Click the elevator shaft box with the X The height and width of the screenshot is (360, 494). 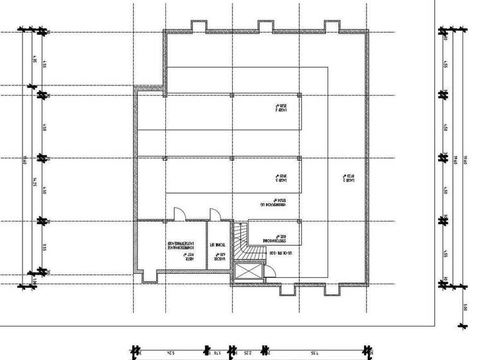[x=249, y=273]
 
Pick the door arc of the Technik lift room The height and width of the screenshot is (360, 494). [x=215, y=214]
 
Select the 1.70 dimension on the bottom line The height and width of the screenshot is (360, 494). [x=219, y=352]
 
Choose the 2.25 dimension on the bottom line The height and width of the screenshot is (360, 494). [x=248, y=352]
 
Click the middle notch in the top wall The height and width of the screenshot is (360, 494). [x=266, y=26]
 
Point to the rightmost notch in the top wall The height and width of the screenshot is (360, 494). [x=332, y=26]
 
